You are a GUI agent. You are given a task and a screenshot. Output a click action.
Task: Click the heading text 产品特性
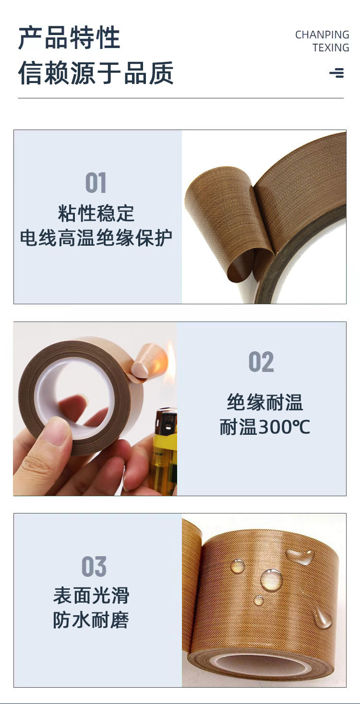pyautogui.click(x=69, y=38)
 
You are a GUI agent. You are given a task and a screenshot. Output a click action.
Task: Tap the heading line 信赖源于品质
pyautogui.click(x=96, y=73)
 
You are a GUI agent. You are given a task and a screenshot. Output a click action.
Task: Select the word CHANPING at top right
pyautogui.click(x=322, y=35)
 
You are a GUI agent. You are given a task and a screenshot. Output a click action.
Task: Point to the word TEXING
pyautogui.click(x=331, y=48)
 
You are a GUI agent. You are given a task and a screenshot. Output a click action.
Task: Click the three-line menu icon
pyautogui.click(x=336, y=73)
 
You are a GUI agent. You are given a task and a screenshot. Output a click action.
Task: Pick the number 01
pyautogui.click(x=96, y=183)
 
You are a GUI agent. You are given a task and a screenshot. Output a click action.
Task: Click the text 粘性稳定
pyautogui.click(x=96, y=214)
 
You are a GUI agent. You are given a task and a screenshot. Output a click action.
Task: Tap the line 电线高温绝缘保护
pyautogui.click(x=96, y=238)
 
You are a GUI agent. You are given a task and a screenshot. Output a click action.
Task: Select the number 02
pyautogui.click(x=261, y=362)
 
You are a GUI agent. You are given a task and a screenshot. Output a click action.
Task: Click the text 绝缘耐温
pyautogui.click(x=265, y=402)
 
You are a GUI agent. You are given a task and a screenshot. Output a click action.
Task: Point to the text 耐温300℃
pyautogui.click(x=265, y=427)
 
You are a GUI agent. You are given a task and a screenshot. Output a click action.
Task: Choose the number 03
pyautogui.click(x=94, y=567)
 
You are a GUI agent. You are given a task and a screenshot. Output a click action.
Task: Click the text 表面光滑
pyautogui.click(x=91, y=596)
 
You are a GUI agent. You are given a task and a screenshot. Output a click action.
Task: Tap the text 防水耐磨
pyautogui.click(x=91, y=620)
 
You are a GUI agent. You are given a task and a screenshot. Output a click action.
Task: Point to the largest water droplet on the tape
pyautogui.click(x=271, y=580)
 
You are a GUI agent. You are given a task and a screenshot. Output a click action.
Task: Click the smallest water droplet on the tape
pyautogui.click(x=259, y=600)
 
